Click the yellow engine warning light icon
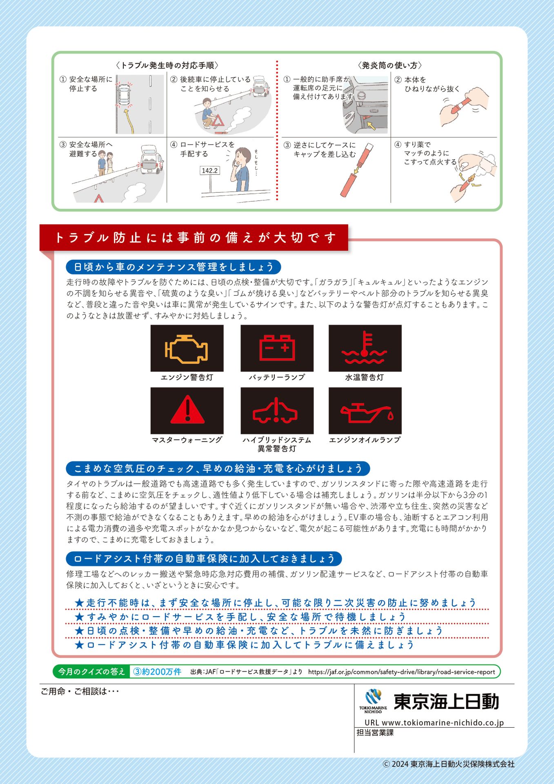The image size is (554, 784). (186, 349)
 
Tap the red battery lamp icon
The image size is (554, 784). (277, 348)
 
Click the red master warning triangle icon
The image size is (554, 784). (187, 410)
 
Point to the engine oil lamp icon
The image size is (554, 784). (366, 413)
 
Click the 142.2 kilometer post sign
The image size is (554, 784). (209, 171)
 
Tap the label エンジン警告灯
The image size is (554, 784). (187, 378)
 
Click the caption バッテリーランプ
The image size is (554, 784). (277, 378)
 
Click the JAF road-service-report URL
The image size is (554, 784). (402, 672)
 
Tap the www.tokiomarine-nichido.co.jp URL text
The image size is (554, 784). (434, 722)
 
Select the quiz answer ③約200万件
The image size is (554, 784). (157, 672)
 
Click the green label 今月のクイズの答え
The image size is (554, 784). (91, 672)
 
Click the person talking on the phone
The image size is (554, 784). (240, 169)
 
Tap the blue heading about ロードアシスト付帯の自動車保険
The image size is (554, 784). (204, 559)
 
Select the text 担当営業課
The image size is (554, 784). (375, 733)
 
